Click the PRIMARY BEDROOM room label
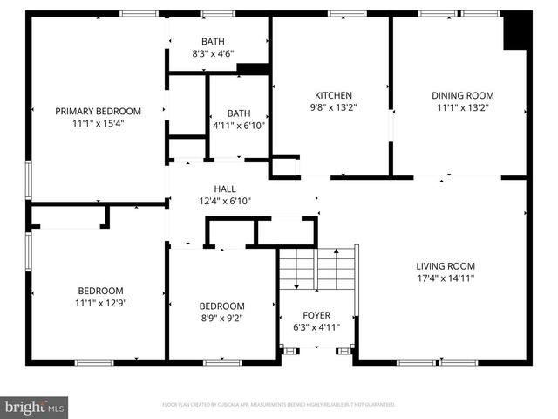tap(98, 111)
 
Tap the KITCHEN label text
tap(332, 96)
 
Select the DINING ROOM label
tap(462, 96)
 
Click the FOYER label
tap(316, 315)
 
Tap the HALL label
tap(225, 189)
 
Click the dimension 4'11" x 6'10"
tap(238, 126)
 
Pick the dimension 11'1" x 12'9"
tap(100, 303)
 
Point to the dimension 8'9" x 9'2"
tap(221, 319)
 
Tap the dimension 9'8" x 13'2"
tap(332, 108)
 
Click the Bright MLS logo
tap(35, 406)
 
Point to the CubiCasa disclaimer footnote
tap(279, 405)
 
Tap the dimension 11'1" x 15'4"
tap(98, 124)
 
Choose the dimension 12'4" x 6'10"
tap(225, 201)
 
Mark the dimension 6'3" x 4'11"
tap(316, 327)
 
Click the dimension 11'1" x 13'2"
tap(462, 108)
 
